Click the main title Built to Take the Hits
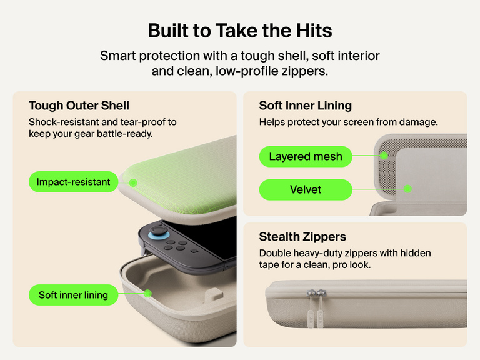[x=240, y=31]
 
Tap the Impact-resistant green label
[x=74, y=182]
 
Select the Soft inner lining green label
[x=74, y=295]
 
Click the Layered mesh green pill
[x=306, y=156]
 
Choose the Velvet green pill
[x=306, y=190]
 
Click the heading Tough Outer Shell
[x=79, y=106]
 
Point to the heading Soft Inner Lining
[x=306, y=106]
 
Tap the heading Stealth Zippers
[x=302, y=237]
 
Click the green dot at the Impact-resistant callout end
[x=133, y=182]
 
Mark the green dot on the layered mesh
[x=384, y=156]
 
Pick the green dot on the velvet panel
[x=407, y=189]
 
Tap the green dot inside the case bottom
[x=147, y=294]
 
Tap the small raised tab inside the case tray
[x=214, y=294]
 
